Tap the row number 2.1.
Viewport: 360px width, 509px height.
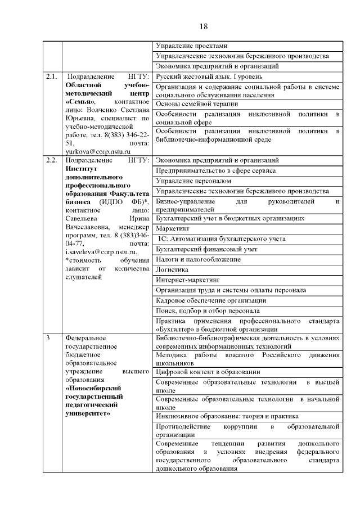pyautogui.click(x=51, y=76)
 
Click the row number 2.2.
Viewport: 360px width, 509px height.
pyautogui.click(x=51, y=160)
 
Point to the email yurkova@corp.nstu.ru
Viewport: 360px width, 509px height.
pyautogui.click(x=98, y=151)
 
